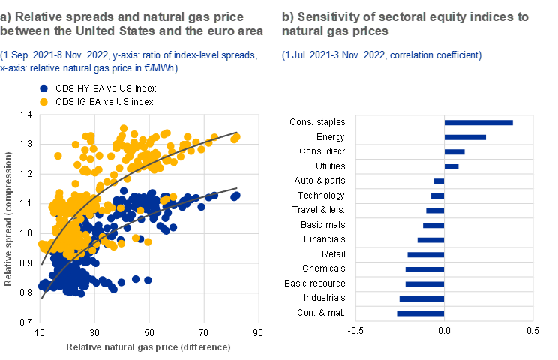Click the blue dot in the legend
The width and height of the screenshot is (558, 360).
point(43,88)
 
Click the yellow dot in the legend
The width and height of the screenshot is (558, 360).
point(43,101)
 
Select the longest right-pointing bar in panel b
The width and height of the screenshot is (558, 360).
point(479,123)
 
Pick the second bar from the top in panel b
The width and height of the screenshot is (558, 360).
point(466,137)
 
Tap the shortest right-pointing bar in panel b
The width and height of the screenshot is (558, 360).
point(451,166)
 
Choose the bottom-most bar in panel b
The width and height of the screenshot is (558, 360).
point(421,313)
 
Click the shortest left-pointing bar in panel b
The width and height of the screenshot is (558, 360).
point(439,181)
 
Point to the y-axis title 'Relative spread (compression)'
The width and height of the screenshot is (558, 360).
point(10,217)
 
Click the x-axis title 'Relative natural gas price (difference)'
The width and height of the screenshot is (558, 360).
point(148,347)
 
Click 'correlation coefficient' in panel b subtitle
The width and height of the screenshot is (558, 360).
point(436,55)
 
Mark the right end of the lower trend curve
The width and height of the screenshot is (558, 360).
point(237,188)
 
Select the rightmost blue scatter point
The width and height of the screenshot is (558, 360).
point(236,196)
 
